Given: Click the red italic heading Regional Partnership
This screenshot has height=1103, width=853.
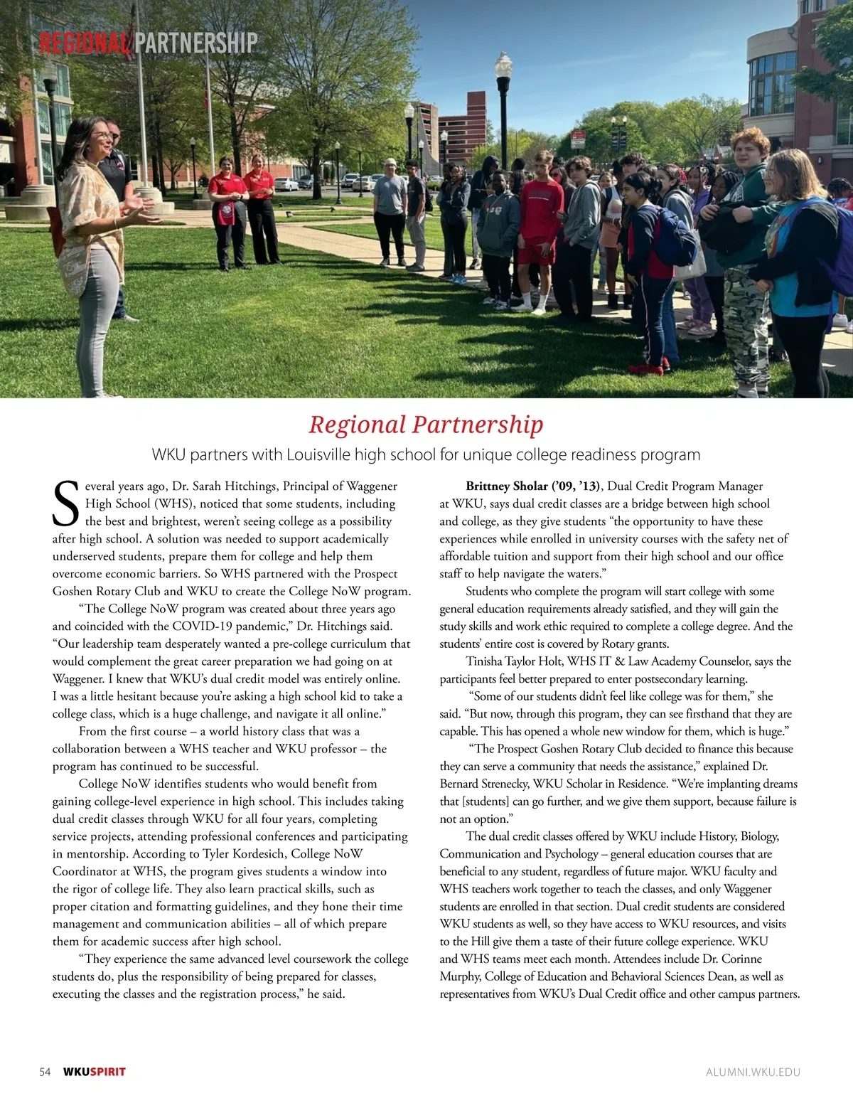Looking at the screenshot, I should (426, 425).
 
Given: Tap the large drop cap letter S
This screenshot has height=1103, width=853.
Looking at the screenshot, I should (66, 503).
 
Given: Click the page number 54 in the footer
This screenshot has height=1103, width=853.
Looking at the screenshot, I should (45, 1072).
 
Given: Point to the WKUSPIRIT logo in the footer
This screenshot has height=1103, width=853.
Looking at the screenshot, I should (95, 1072).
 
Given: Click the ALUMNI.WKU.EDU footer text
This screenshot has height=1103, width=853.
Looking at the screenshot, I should (753, 1072).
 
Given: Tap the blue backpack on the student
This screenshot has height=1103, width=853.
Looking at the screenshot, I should (675, 234).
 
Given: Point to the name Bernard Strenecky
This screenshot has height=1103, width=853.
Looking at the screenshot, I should (483, 784).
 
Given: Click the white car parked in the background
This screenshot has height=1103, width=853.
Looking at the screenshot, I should (287, 185).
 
